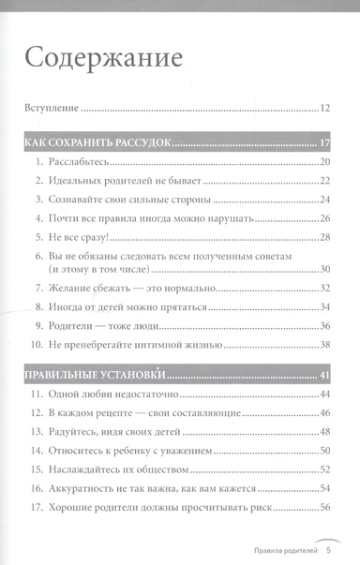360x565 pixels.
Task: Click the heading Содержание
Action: [x=103, y=59]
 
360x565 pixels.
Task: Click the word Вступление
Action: [x=51, y=109]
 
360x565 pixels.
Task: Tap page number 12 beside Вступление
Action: [x=325, y=109]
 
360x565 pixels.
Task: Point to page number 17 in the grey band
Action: [x=326, y=143]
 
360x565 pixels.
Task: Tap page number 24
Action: [x=326, y=201]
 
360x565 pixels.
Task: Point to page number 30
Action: [x=326, y=271]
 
